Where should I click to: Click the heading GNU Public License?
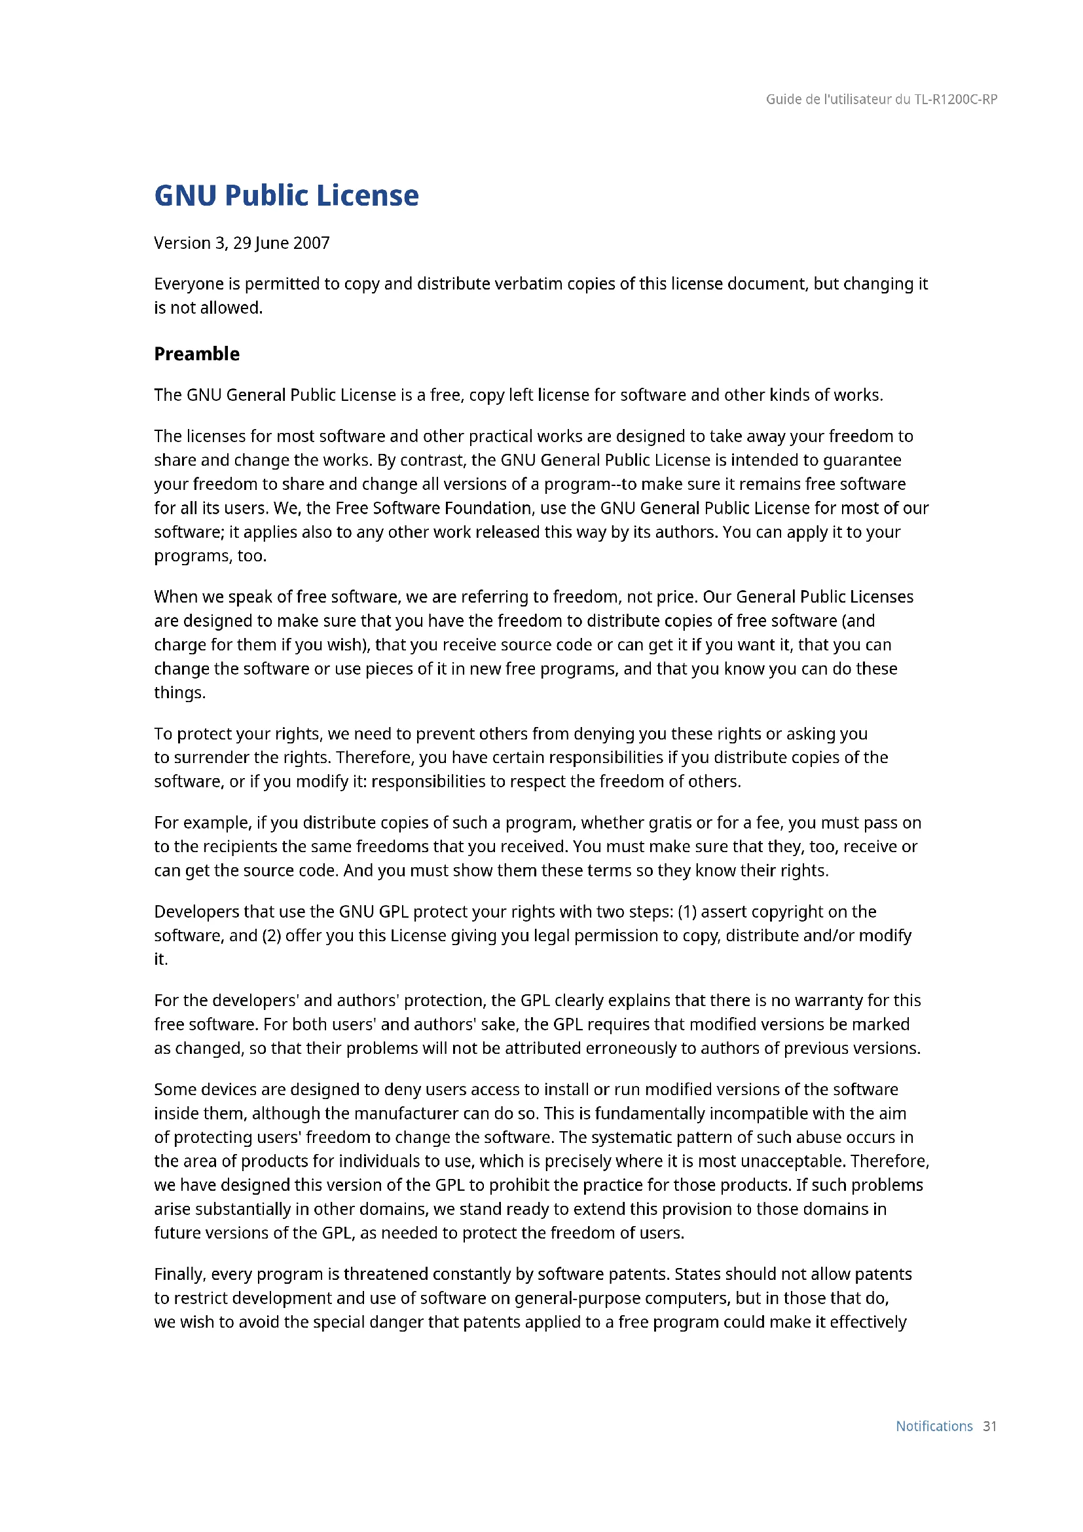coord(286,195)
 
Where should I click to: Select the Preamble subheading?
coord(196,354)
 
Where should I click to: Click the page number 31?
coord(989,1426)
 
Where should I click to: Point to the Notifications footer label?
coord(934,1426)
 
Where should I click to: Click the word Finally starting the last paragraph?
coord(179,1274)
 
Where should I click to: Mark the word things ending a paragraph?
coord(179,692)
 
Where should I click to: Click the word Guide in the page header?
coord(784,100)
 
